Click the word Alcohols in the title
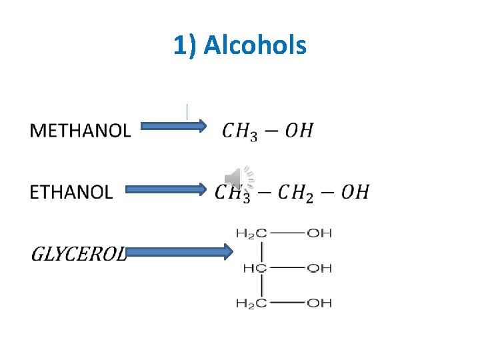(255, 45)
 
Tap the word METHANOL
(81, 130)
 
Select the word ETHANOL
(71, 192)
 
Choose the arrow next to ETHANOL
(167, 189)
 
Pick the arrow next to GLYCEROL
(179, 252)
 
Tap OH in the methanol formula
(299, 130)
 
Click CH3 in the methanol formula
(240, 131)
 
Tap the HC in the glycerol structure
(255, 268)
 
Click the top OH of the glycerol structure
(319, 233)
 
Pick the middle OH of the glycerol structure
(319, 268)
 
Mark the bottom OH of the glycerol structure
(319, 303)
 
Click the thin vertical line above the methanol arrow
(187, 111)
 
